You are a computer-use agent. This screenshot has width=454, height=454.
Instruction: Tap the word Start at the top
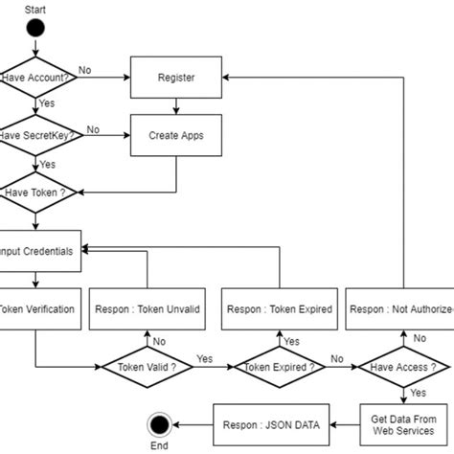tap(35, 7)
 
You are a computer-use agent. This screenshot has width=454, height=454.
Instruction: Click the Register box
tap(176, 78)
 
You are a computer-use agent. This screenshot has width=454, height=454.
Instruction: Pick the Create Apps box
tap(176, 135)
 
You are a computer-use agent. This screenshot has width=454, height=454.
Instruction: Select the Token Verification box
tap(36, 308)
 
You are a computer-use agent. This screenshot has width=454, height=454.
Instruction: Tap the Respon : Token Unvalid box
tap(147, 308)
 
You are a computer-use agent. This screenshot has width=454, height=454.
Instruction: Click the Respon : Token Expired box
tap(279, 308)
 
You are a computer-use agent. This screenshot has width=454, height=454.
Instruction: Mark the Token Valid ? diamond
tap(147, 367)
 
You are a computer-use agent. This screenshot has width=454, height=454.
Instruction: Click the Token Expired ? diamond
tap(279, 367)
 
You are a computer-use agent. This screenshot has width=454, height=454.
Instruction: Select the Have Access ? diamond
tap(402, 367)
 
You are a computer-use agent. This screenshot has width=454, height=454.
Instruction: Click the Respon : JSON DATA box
tap(272, 419)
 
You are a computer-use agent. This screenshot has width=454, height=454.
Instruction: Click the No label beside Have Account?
tap(85, 69)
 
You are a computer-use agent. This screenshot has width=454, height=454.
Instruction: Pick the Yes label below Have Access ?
tap(418, 392)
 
